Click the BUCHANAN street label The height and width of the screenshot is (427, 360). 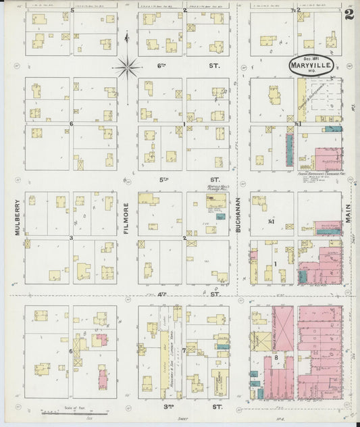(239, 218)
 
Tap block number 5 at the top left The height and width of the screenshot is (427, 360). (72, 11)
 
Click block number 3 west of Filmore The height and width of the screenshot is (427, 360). (70, 238)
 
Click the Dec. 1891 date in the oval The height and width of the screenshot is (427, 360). (302, 59)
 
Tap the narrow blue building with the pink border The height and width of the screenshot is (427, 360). (290, 150)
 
